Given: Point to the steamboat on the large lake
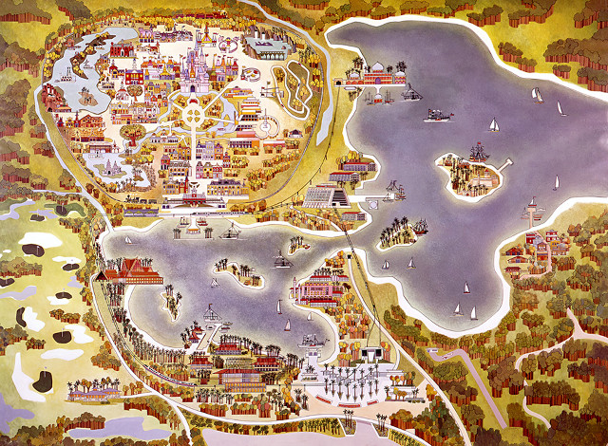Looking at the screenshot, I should pos(438,115).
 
